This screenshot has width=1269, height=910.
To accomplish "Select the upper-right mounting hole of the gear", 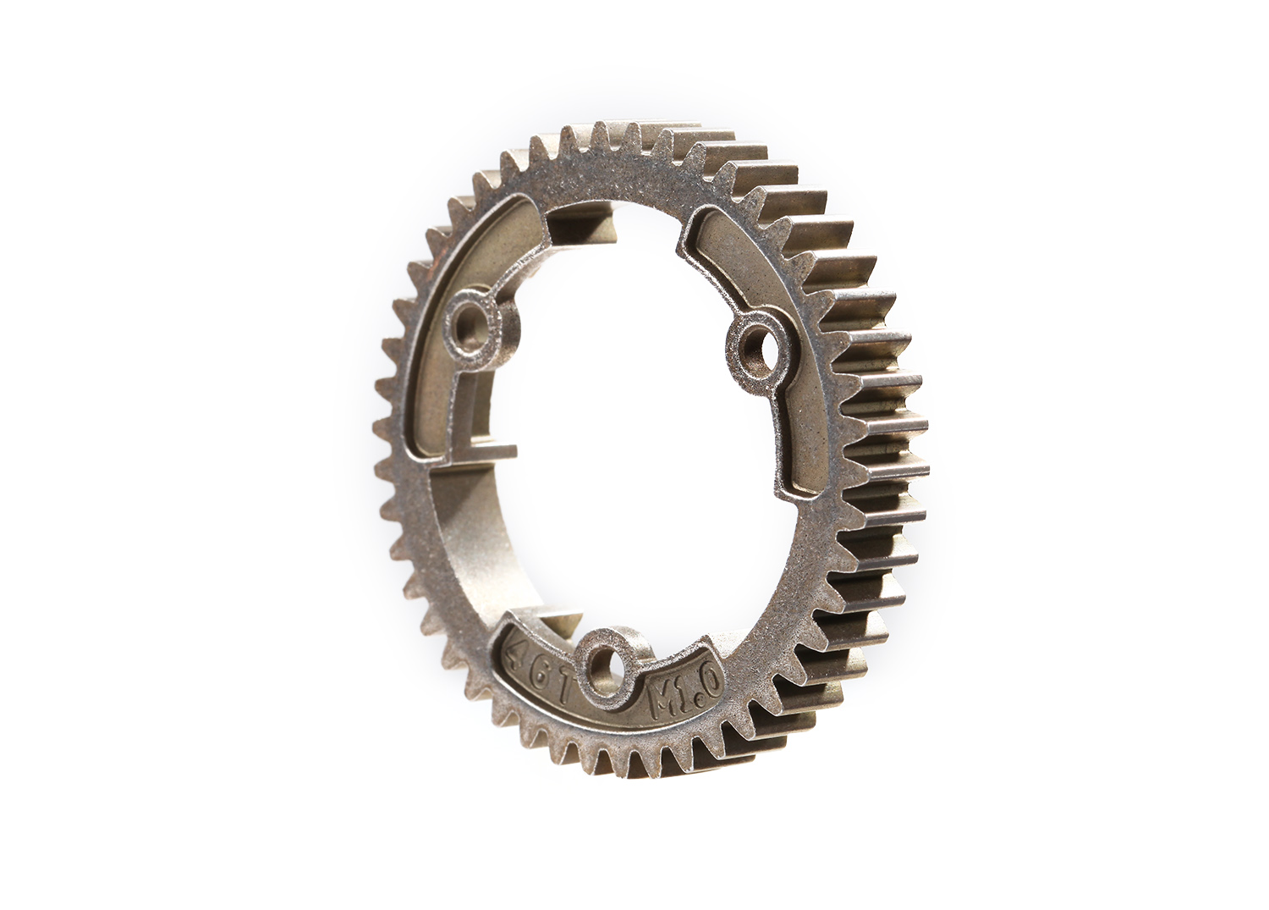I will coord(751,345).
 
